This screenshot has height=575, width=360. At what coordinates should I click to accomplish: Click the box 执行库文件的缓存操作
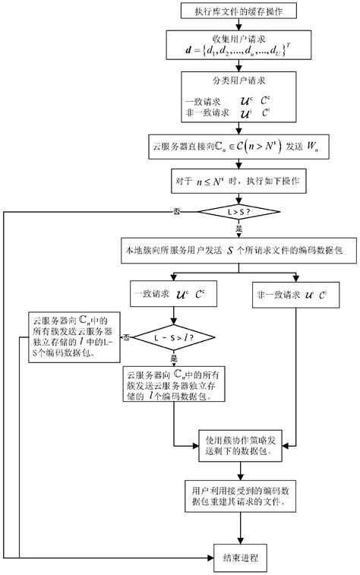(229, 11)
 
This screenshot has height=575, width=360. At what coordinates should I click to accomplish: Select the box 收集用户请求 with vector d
(229, 46)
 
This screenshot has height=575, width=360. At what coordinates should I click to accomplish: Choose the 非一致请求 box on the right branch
(292, 292)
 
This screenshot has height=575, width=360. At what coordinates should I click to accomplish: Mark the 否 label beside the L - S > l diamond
(127, 335)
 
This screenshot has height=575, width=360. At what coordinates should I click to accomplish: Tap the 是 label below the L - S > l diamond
(174, 357)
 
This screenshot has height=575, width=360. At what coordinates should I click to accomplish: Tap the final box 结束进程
(242, 556)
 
